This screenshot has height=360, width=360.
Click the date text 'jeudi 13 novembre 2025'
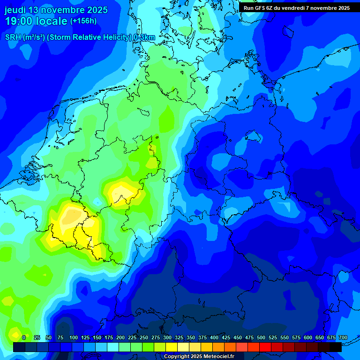[56, 10]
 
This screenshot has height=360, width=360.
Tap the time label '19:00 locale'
[36, 22]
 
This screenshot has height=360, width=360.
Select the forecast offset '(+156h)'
[83, 21]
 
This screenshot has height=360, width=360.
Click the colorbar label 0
[24, 337]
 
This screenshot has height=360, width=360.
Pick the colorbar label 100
[74, 337]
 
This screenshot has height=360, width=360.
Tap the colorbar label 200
[120, 337]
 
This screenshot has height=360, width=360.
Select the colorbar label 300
[167, 337]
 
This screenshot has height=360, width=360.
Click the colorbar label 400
[214, 337]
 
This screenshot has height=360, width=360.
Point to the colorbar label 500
[261, 337]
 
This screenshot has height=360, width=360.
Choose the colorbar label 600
[308, 337]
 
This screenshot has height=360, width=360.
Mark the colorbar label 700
[343, 337]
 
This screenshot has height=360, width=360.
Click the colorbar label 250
[144, 337]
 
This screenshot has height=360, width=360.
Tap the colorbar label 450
[238, 337]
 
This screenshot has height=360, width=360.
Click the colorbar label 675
[331, 337]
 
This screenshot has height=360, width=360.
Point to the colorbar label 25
[37, 337]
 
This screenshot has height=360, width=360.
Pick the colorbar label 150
[97, 337]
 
